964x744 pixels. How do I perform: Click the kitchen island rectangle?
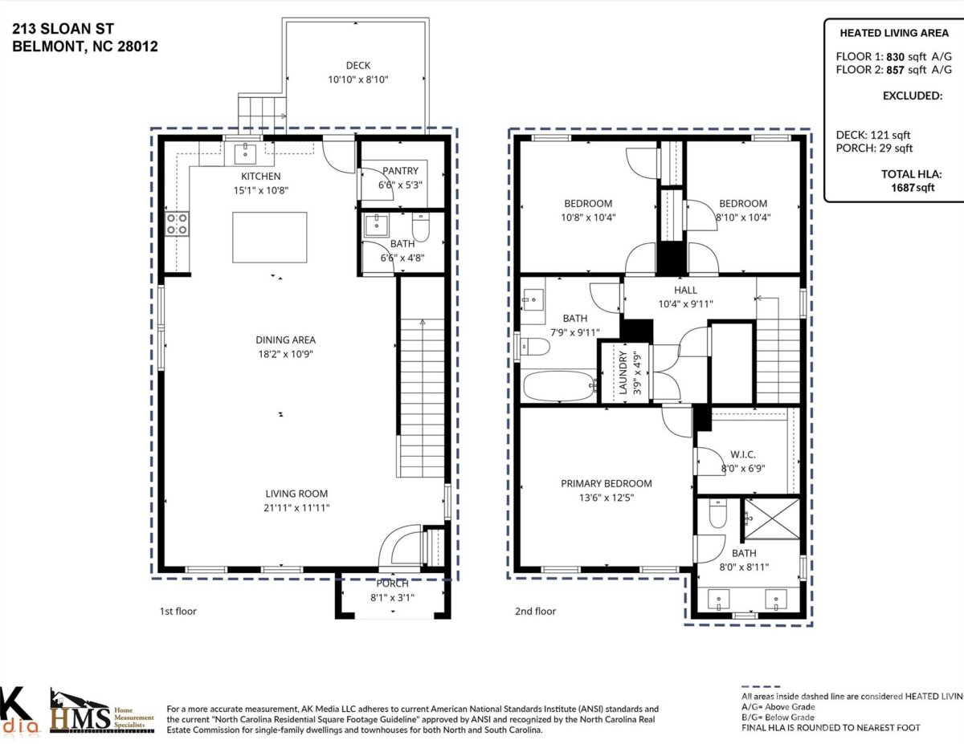pyautogui.click(x=270, y=238)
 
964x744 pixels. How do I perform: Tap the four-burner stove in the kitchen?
pyautogui.click(x=177, y=224)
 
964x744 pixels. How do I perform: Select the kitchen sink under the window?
pyautogui.click(x=245, y=153)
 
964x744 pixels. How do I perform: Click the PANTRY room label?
pyautogui.click(x=400, y=171)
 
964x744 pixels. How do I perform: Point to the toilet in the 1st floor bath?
pyautogui.click(x=421, y=226)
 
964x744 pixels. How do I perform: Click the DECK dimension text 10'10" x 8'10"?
pyautogui.click(x=358, y=79)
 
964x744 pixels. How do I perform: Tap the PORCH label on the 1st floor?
pyautogui.click(x=392, y=583)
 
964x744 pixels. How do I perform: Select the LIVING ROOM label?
pyautogui.click(x=296, y=494)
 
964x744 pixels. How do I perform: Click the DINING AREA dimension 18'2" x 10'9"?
pyautogui.click(x=286, y=354)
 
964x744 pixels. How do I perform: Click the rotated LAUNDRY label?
pyautogui.click(x=623, y=372)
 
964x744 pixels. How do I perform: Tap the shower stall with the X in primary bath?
pyautogui.click(x=772, y=519)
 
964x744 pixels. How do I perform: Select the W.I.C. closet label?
pyautogui.click(x=742, y=454)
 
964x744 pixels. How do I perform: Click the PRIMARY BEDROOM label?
pyautogui.click(x=607, y=483)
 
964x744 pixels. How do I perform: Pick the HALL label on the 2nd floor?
pyautogui.click(x=685, y=290)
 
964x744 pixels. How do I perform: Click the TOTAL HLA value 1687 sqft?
pyautogui.click(x=913, y=188)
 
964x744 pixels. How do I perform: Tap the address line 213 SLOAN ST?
pyautogui.click(x=63, y=29)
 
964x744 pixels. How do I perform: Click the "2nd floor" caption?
pyautogui.click(x=535, y=611)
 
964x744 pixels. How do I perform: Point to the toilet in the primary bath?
pyautogui.click(x=717, y=513)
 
